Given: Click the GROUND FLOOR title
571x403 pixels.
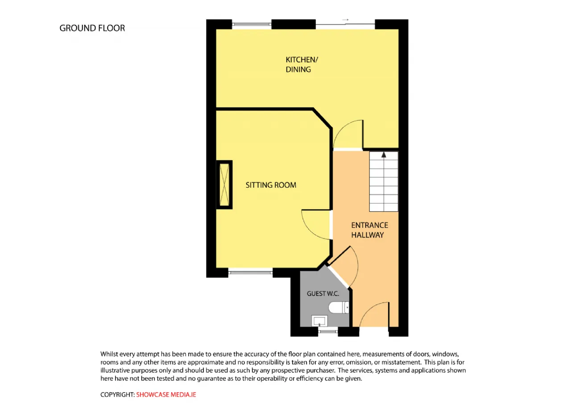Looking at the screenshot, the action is (92, 28).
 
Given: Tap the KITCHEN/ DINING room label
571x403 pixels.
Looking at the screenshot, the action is (302, 65).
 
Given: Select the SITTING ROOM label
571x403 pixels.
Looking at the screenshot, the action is (271, 185).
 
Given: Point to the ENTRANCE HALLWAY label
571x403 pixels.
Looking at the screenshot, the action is (370, 230).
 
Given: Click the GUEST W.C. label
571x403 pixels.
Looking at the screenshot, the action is (323, 294).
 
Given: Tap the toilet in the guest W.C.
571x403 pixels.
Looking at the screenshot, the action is (339, 308).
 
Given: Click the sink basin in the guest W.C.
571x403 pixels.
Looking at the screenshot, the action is (319, 321).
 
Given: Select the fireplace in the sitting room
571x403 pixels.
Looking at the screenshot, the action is (224, 185).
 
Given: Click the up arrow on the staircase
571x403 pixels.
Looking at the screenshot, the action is (384, 155).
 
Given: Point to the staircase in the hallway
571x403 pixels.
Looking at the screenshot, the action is (384, 181).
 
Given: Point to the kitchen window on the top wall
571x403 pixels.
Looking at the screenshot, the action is (252, 25).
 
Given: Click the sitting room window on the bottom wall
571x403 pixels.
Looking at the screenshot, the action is (250, 272).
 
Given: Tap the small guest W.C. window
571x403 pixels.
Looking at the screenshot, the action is (328, 331).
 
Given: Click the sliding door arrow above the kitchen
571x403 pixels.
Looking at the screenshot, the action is (345, 20).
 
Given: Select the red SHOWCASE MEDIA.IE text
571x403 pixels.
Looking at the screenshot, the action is (166, 395).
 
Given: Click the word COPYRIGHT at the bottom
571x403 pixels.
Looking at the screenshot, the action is (117, 395).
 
